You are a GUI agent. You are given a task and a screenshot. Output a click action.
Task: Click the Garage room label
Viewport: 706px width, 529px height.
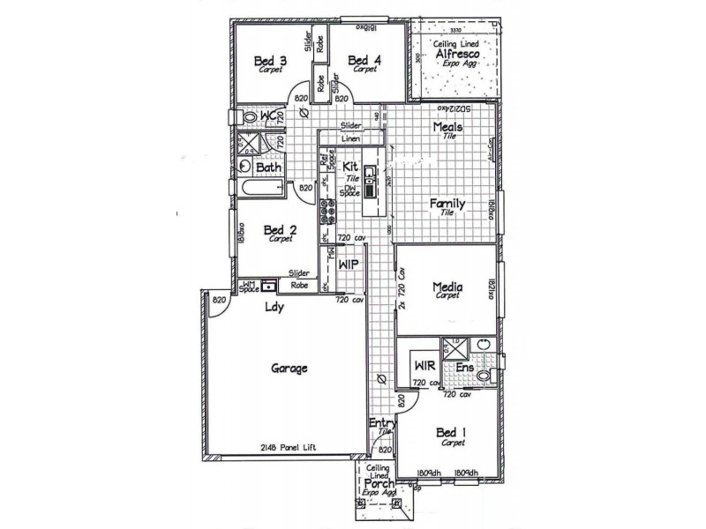tap(289, 369)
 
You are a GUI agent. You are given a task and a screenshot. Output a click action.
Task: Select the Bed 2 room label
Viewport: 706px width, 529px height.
tap(281, 230)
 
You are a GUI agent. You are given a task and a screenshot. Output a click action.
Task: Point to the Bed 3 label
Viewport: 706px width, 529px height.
tap(270, 61)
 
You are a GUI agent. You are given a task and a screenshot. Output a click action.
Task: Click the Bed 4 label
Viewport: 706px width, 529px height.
tap(364, 61)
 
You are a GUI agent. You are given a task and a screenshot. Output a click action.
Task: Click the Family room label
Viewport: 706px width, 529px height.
tap(447, 204)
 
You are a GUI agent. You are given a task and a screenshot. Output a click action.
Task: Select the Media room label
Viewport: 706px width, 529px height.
tap(449, 287)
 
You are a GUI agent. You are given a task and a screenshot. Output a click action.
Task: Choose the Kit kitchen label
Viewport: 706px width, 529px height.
tap(350, 166)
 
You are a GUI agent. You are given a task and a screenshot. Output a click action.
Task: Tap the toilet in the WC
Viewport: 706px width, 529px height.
tap(250, 116)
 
